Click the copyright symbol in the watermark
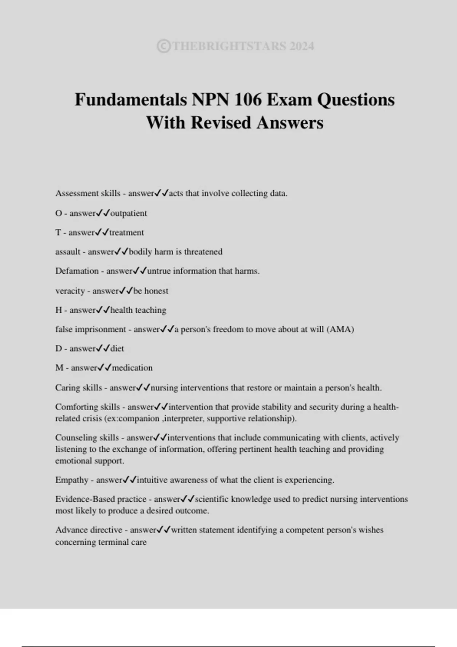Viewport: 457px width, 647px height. coord(163,46)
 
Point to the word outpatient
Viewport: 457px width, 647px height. coord(128,213)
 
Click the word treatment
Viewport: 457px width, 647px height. coord(126,233)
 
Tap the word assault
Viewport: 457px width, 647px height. coord(68,252)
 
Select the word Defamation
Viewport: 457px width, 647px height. coord(77,271)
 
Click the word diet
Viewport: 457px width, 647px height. coord(117,349)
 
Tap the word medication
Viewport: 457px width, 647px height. coord(132,368)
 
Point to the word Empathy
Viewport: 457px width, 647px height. coord(72,480)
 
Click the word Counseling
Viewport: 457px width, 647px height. coord(76,438)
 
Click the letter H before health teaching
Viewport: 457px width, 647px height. coord(59,310)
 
